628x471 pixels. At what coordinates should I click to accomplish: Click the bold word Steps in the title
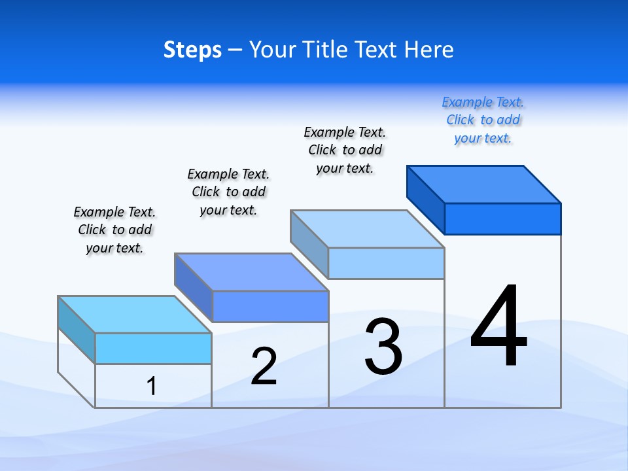[192, 50]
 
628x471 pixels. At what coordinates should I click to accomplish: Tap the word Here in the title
[428, 50]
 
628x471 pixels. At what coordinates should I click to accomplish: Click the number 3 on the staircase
[383, 347]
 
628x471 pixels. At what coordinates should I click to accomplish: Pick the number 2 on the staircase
[264, 366]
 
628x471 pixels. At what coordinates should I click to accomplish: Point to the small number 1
[151, 386]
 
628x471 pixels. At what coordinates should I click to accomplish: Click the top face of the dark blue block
[484, 184]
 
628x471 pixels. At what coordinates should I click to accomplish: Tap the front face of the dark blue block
[502, 218]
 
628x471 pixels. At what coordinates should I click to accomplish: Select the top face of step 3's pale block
[368, 229]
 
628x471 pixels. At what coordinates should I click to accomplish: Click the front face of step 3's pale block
[386, 263]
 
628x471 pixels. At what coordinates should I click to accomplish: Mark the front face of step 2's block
[270, 306]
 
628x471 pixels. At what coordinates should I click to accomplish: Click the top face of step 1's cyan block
[135, 315]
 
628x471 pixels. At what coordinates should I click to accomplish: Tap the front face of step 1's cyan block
[153, 348]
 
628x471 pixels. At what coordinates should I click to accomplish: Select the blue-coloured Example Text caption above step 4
[483, 120]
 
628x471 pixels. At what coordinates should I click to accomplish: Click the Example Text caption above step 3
[345, 150]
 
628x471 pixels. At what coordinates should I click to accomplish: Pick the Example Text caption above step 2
[228, 192]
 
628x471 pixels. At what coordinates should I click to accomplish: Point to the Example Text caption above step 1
[114, 230]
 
